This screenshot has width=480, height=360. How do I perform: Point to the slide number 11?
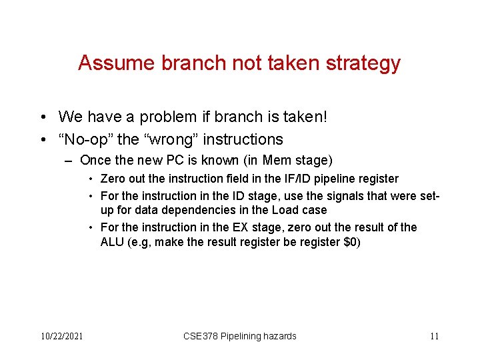click(x=434, y=336)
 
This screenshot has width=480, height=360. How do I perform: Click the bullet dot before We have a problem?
click(x=42, y=118)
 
